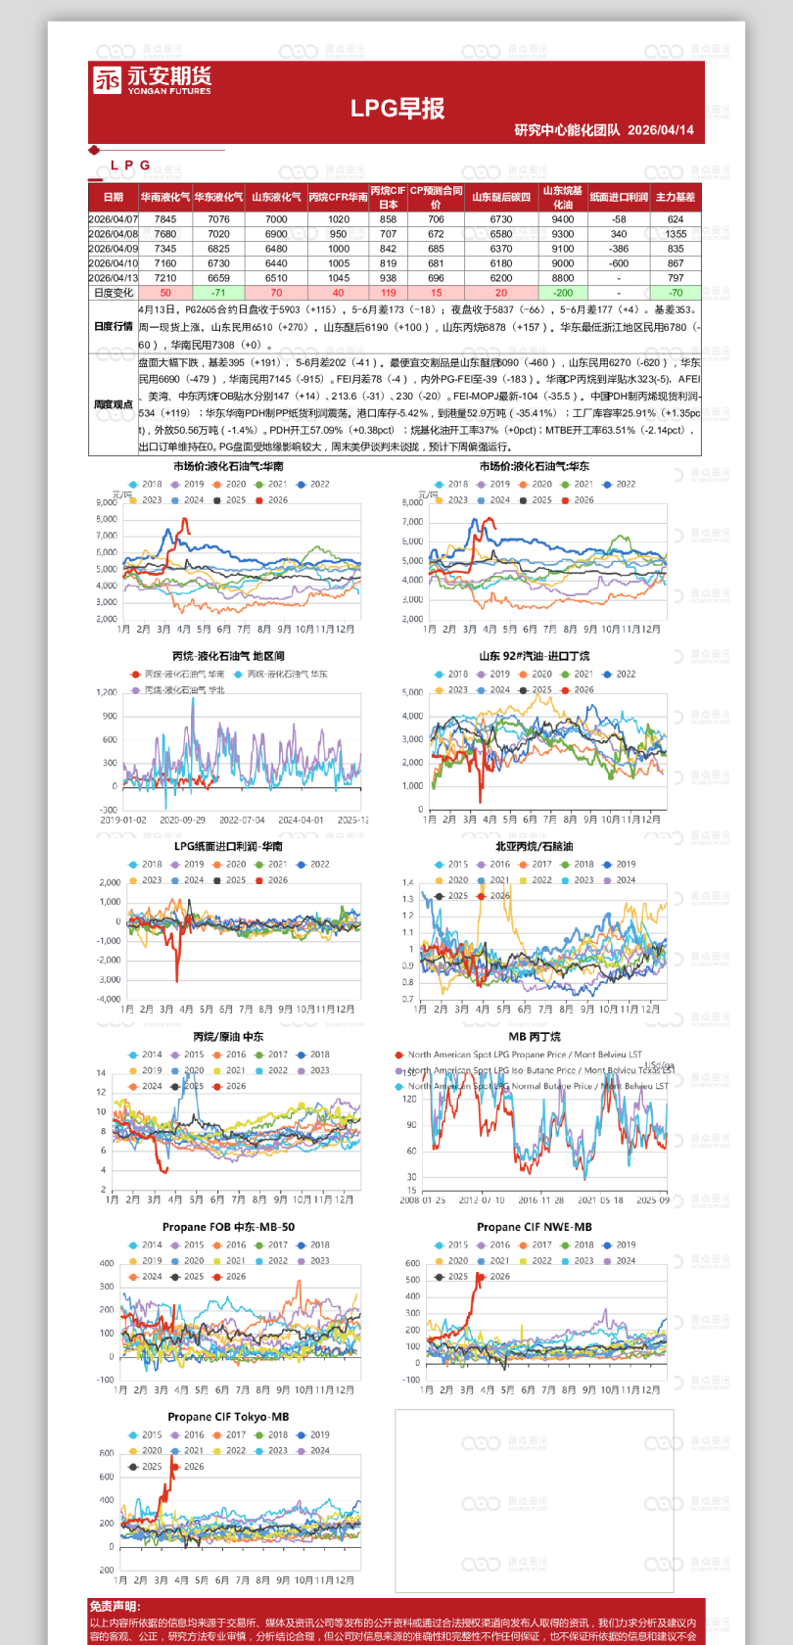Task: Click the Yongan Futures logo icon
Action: (x=107, y=79)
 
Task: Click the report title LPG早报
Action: (x=397, y=109)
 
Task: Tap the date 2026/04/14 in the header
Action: (x=661, y=130)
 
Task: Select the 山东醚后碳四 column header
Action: (x=501, y=197)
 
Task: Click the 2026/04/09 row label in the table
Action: (x=114, y=249)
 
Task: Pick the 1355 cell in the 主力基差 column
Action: (x=676, y=234)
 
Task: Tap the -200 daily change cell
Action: (x=563, y=293)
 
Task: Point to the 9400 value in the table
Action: (x=563, y=219)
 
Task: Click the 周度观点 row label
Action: (x=114, y=404)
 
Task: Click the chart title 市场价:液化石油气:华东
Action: (x=535, y=466)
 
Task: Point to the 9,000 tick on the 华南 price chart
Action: (x=107, y=502)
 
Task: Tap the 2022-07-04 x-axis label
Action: (x=242, y=821)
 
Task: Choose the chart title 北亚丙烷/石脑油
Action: (x=535, y=847)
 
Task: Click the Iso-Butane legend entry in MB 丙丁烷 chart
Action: (x=534, y=1070)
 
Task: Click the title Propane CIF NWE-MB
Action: (x=535, y=1227)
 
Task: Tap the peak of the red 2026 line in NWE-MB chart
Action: (x=479, y=1275)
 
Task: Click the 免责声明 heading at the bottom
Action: (x=115, y=1607)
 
